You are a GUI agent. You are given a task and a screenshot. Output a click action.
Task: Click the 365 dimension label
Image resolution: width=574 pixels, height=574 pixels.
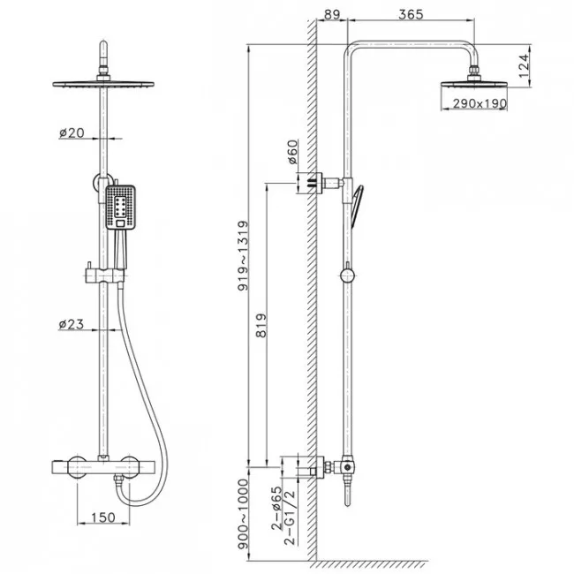[x=411, y=14]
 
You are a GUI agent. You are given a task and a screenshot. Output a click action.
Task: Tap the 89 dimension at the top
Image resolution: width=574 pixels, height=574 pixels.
[x=332, y=14]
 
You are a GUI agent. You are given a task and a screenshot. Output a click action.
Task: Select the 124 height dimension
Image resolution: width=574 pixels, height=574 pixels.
[x=524, y=66]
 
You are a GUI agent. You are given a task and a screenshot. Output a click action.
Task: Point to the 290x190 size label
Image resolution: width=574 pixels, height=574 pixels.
[x=480, y=103]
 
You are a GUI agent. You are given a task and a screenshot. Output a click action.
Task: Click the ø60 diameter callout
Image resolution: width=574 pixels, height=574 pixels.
[x=292, y=152]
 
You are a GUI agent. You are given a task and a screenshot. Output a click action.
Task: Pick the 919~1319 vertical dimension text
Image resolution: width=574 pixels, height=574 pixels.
[x=243, y=255]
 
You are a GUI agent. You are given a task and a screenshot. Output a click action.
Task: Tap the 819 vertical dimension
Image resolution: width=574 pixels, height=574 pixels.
[x=261, y=325]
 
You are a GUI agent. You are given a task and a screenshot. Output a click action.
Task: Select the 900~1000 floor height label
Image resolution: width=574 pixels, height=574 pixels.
[x=243, y=514]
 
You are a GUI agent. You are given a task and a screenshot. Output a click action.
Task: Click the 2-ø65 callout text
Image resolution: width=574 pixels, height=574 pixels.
[x=276, y=508]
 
